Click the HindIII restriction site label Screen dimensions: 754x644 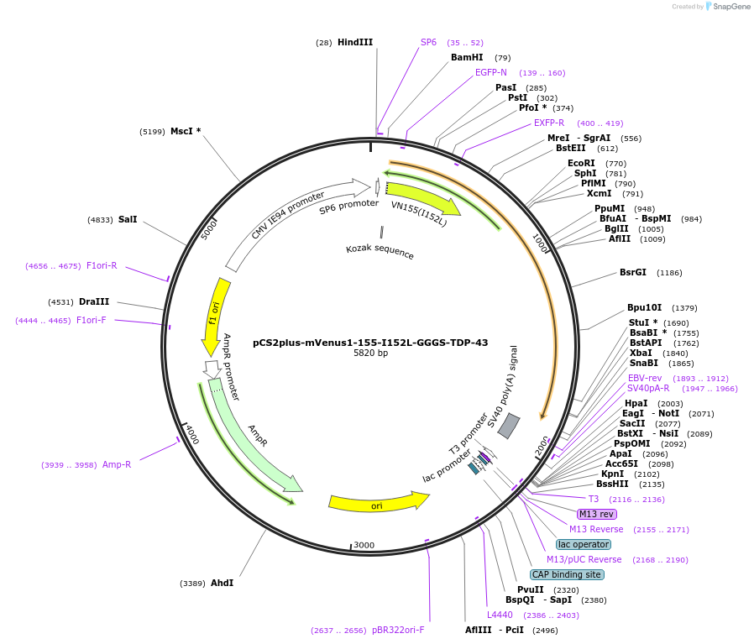pos(355,42)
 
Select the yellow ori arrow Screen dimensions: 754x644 pos(377,502)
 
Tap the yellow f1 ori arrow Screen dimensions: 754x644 pos(213,315)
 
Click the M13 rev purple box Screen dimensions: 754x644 pos(596,514)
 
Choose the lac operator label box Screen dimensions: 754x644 pos(584,544)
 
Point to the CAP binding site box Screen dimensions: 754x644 pos(567,574)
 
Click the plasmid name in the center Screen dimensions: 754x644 pos(370,342)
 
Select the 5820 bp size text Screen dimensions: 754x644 pos(370,353)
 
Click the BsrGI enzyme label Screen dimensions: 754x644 pos(633,272)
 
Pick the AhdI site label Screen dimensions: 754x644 pos(223,583)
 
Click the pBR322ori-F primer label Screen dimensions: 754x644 pos(398,630)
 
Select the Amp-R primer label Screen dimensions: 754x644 pos(117,464)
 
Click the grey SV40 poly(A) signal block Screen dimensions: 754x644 pos(509,427)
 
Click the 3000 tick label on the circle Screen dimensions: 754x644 pos(364,545)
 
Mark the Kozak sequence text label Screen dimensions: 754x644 pos(380,251)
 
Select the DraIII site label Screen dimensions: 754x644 pos(94,301)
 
